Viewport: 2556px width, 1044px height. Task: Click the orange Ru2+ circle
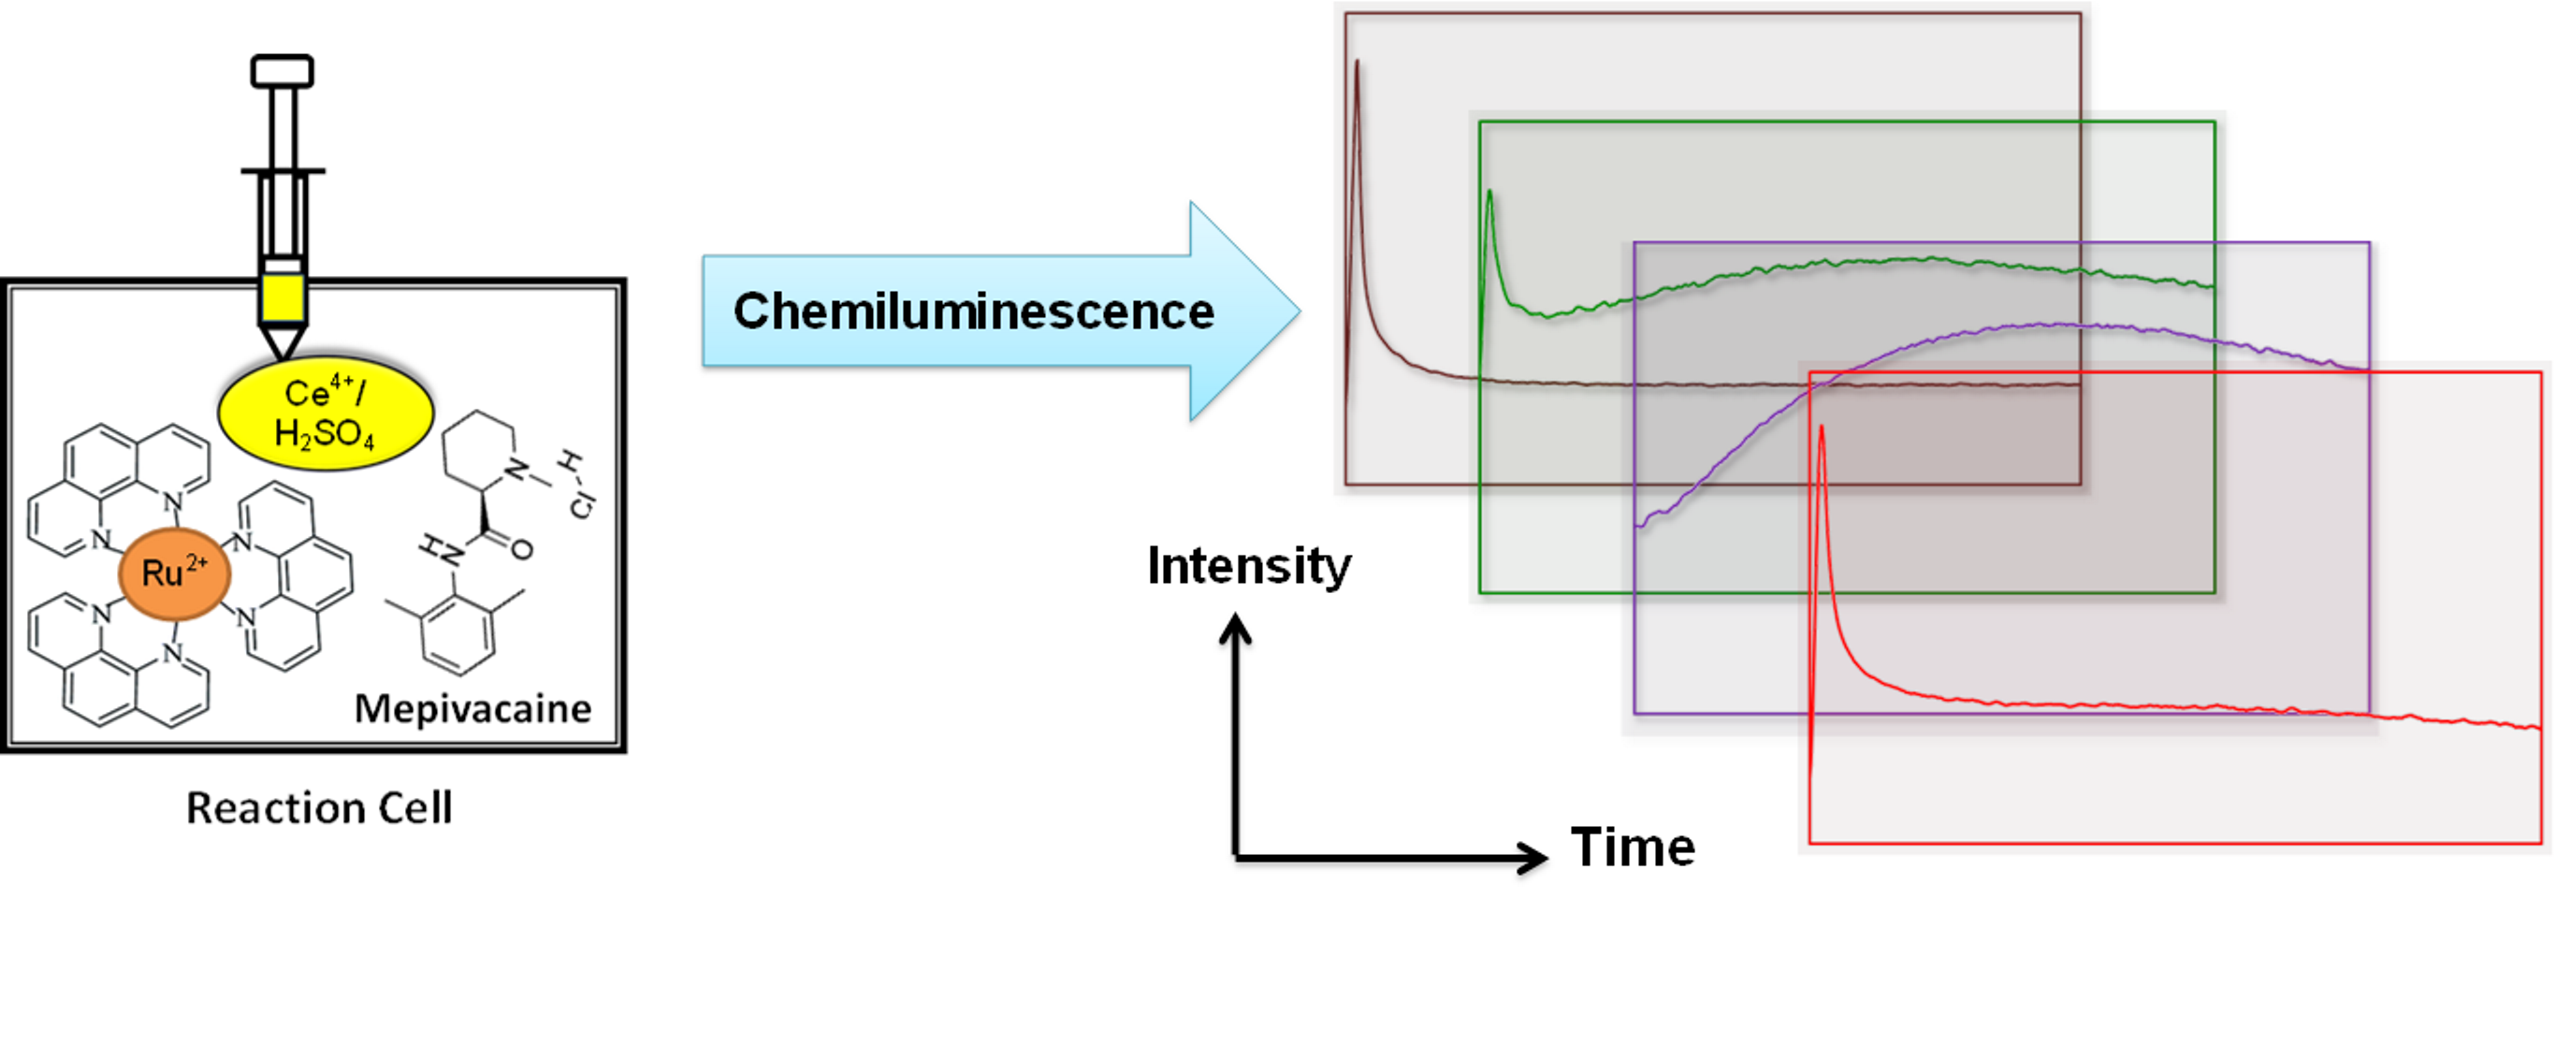tap(175, 573)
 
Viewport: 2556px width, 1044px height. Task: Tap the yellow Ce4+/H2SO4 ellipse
tap(326, 413)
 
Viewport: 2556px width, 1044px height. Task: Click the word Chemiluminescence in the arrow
tap(973, 312)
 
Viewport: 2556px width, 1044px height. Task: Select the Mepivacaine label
tap(472, 708)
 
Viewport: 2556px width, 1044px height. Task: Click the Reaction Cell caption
tap(320, 808)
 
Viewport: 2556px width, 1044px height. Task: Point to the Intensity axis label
tap(1248, 566)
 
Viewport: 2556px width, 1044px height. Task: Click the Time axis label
tap(1633, 848)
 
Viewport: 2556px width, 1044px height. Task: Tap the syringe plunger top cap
tap(282, 71)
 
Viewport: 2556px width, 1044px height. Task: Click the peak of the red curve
tap(1822, 428)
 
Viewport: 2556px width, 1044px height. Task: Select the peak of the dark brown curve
tap(1357, 64)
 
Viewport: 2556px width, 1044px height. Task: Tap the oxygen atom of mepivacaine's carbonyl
tap(522, 549)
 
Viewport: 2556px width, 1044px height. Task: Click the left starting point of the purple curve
tap(1638, 525)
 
